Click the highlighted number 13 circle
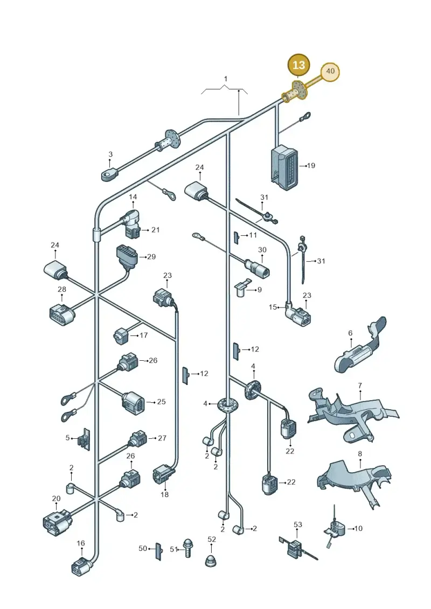(298, 65)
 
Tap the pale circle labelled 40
(330, 71)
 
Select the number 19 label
(311, 165)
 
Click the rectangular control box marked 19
(285, 167)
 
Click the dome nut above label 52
(211, 561)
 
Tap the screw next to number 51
(188, 548)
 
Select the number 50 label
(143, 548)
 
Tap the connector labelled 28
(62, 313)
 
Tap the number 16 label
(80, 543)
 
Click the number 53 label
(298, 524)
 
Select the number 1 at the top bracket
(225, 79)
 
